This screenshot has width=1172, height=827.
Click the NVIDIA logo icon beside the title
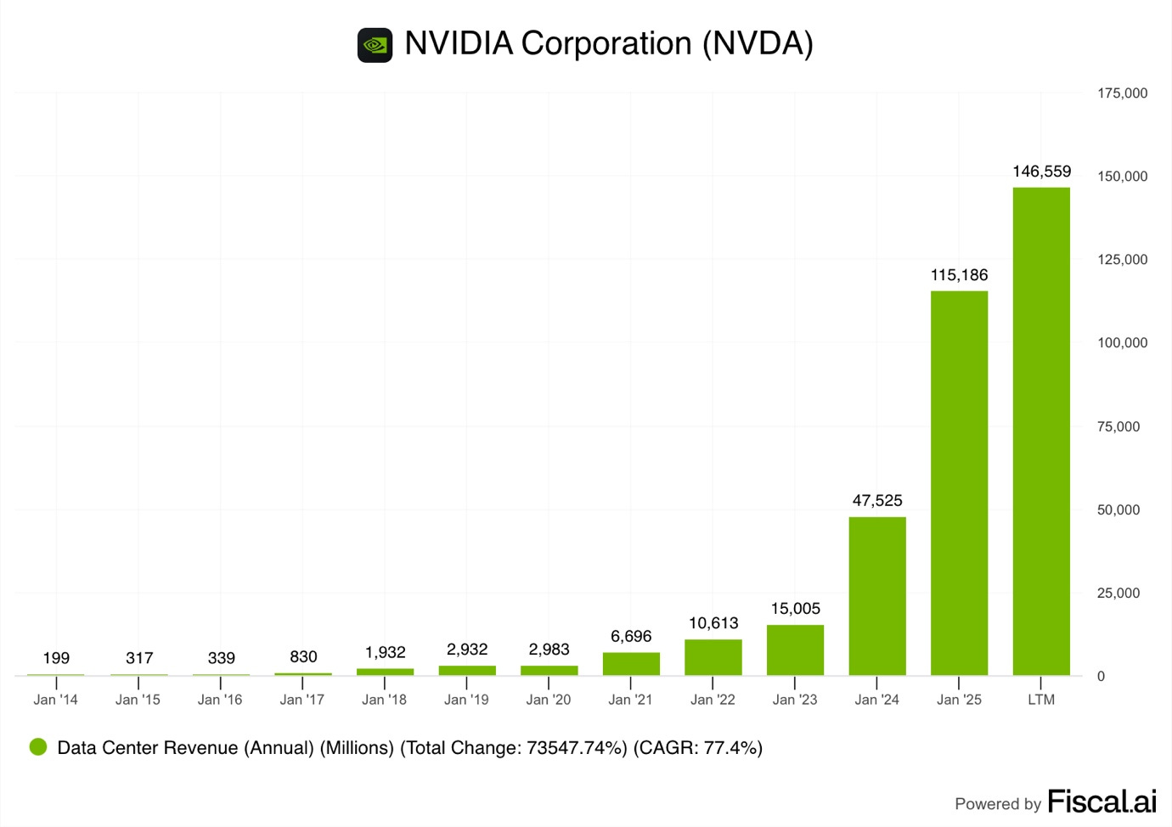click(375, 45)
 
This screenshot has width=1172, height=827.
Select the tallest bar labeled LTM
click(1041, 431)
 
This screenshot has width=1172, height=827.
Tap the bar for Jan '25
click(959, 483)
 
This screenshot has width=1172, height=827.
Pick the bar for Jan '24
click(877, 596)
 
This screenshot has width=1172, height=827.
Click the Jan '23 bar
click(795, 650)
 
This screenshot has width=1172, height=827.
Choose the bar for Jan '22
click(713, 658)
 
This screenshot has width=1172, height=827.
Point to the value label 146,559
click(1041, 172)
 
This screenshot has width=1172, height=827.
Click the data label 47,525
click(877, 501)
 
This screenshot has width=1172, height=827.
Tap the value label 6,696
click(631, 637)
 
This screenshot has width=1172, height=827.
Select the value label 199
click(56, 658)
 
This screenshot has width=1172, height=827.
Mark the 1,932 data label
click(386, 652)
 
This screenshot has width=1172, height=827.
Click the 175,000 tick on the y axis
click(1122, 93)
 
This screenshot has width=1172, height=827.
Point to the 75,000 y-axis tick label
click(1118, 427)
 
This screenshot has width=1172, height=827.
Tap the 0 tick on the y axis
click(1101, 677)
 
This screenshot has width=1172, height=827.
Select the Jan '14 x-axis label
click(56, 700)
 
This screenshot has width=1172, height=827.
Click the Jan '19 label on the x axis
click(466, 700)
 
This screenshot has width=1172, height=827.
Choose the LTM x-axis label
click(1041, 700)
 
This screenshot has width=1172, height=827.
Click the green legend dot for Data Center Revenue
click(38, 747)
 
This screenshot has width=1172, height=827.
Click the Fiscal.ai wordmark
click(1102, 802)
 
